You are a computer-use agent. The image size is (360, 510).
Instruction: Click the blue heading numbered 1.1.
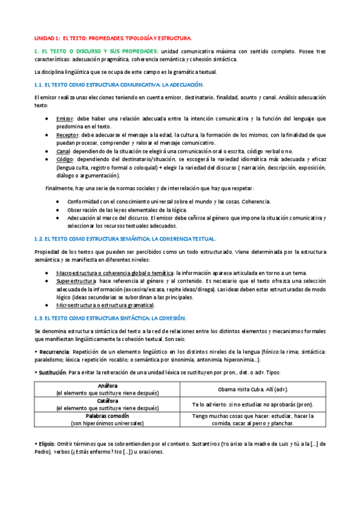[120, 85]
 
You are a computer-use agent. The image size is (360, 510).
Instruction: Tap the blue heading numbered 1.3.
[111, 317]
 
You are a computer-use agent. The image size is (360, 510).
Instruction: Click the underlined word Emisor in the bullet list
[64, 118]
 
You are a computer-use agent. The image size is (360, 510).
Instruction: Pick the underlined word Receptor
[67, 135]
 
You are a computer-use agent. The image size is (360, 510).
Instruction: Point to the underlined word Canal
[63, 152]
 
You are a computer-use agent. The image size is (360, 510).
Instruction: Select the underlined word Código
[64, 160]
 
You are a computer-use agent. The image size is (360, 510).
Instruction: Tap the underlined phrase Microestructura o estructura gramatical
[105, 305]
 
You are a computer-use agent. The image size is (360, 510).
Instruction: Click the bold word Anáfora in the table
[106, 369]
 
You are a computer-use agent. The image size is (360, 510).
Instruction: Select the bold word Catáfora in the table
[106, 384]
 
